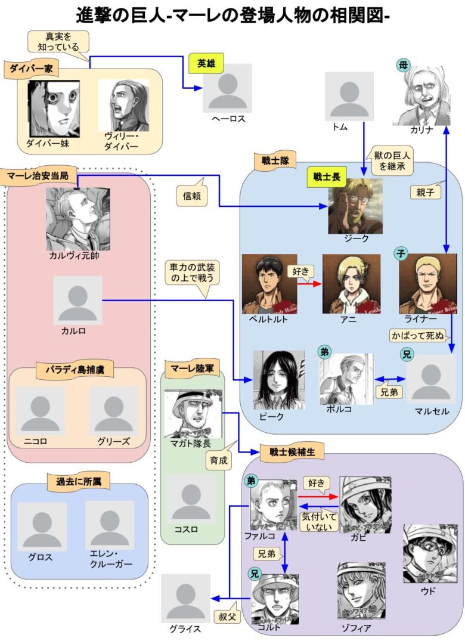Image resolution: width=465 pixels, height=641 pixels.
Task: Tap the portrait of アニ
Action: pyautogui.click(x=351, y=284)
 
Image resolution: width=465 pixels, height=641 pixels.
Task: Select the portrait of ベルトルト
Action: pyautogui.click(x=269, y=284)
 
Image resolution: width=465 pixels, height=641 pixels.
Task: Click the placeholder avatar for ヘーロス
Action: pyautogui.click(x=227, y=88)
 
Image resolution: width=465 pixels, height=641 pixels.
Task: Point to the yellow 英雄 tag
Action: pyautogui.click(x=206, y=64)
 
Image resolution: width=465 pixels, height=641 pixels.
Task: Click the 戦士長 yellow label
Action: pyautogui.click(x=326, y=176)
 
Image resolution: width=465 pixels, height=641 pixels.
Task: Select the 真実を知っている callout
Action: pyautogui.click(x=58, y=41)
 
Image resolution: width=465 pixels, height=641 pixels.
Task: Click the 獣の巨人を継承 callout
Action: pyautogui.click(x=391, y=160)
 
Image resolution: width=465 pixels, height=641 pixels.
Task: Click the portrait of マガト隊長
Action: pyautogui.click(x=192, y=414)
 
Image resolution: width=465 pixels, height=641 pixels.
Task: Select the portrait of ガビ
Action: pyautogui.click(x=365, y=504)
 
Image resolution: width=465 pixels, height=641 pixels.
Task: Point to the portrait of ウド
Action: pyautogui.click(x=430, y=553)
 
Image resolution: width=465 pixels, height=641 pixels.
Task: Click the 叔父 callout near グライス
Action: pyautogui.click(x=227, y=615)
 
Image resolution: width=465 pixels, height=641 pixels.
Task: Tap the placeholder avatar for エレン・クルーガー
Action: pyautogui.click(x=110, y=525)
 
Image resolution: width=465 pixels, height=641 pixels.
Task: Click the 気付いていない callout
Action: pyautogui.click(x=320, y=522)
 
